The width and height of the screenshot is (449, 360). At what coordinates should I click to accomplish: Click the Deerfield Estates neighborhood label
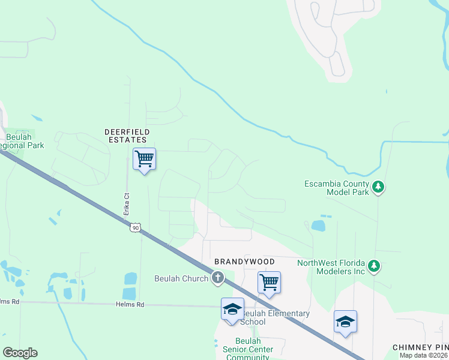pyautogui.click(x=127, y=136)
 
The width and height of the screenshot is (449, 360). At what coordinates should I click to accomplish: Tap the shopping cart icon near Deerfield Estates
pyautogui.click(x=144, y=159)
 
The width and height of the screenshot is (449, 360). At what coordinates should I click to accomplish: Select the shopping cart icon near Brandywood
pyautogui.click(x=269, y=282)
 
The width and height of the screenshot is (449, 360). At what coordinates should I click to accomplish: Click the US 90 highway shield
pyautogui.click(x=136, y=227)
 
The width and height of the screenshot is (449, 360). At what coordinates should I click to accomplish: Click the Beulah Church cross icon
pyautogui.click(x=217, y=278)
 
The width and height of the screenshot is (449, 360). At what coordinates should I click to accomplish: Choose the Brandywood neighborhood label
pyautogui.click(x=245, y=262)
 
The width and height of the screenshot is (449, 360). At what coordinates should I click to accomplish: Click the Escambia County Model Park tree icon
pyautogui.click(x=378, y=187)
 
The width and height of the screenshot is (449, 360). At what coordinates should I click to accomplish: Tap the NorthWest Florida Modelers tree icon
pyautogui.click(x=374, y=266)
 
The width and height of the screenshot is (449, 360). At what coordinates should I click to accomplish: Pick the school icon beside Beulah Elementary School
pyautogui.click(x=232, y=309)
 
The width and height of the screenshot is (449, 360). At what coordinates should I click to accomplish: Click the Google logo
pyautogui.click(x=20, y=353)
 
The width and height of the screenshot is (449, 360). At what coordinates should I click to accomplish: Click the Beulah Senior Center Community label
pyautogui.click(x=247, y=353)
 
